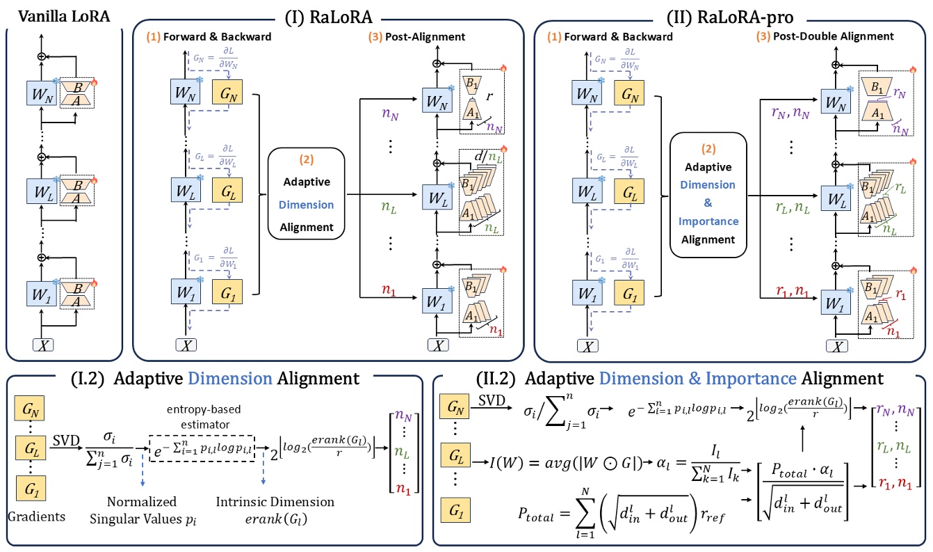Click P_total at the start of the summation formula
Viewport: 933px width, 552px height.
(x=536, y=514)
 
